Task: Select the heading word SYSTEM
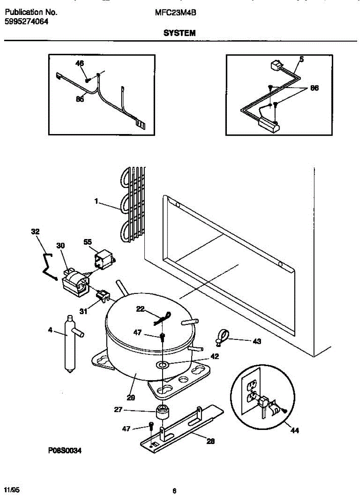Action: coord(179,33)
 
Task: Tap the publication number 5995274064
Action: coord(26,22)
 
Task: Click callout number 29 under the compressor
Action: coord(131,397)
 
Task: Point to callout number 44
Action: coord(294,431)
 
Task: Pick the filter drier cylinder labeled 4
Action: coord(68,342)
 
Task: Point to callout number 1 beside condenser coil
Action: coord(96,201)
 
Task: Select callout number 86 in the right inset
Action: coord(314,88)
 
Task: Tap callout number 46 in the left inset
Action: coord(79,63)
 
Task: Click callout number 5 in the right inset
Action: coord(302,59)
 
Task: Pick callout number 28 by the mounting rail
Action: coord(211,442)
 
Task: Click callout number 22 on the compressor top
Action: coord(141,308)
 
